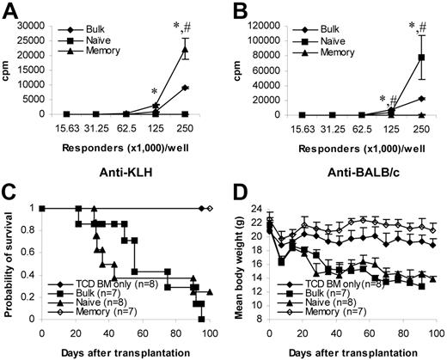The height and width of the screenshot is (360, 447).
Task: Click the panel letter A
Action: pyautogui.click(x=13, y=10)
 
